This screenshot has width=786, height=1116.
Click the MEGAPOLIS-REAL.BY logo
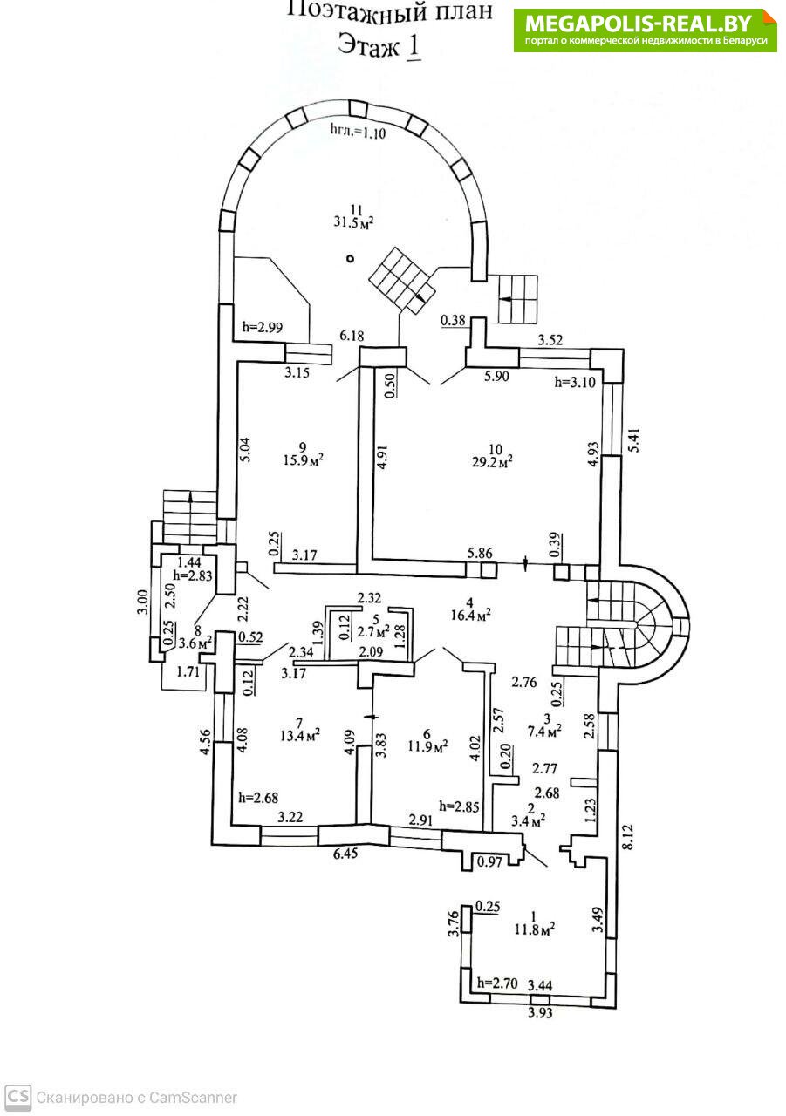coord(645,30)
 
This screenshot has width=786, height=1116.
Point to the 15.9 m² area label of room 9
coord(305,460)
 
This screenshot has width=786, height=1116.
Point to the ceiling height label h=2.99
coord(261,328)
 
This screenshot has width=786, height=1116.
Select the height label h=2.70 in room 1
coord(497,983)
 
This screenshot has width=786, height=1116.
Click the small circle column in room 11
coord(350,258)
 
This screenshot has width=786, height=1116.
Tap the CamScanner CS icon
coord(17,1097)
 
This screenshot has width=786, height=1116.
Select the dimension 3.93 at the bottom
coord(539,1013)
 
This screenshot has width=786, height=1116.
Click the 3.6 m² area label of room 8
coord(194,643)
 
